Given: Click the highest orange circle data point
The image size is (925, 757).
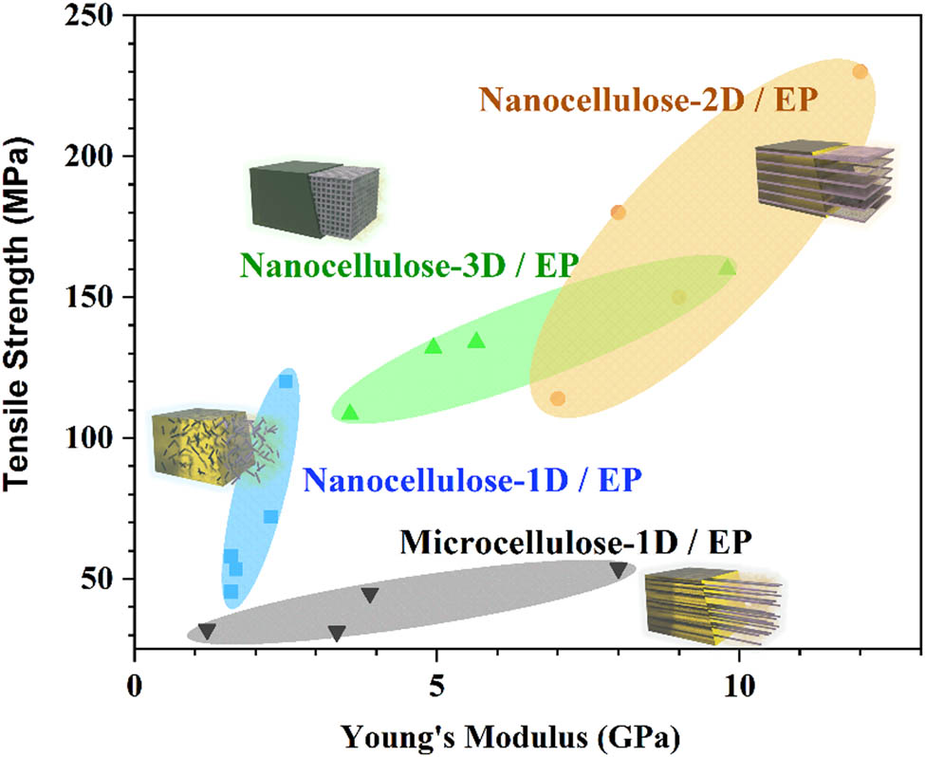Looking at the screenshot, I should tap(860, 71).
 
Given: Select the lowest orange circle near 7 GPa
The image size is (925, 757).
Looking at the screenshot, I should tap(558, 398).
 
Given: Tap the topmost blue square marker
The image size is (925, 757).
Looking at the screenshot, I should tap(286, 381).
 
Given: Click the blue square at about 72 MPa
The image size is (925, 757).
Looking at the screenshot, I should tap(270, 517).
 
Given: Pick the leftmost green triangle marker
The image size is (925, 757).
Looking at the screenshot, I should tap(350, 413).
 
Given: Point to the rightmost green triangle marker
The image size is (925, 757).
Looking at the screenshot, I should tap(728, 268).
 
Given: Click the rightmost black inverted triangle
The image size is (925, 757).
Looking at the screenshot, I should tap(619, 570).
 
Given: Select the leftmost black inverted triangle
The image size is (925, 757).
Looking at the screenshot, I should tap(207, 631).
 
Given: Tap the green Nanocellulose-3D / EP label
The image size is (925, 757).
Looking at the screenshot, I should tap(409, 265).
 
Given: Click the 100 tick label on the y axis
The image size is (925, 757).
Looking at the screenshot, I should tap(100, 438).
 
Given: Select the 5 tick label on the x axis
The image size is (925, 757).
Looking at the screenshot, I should tap(435, 683).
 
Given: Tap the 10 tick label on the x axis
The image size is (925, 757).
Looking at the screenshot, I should tap(736, 683).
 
